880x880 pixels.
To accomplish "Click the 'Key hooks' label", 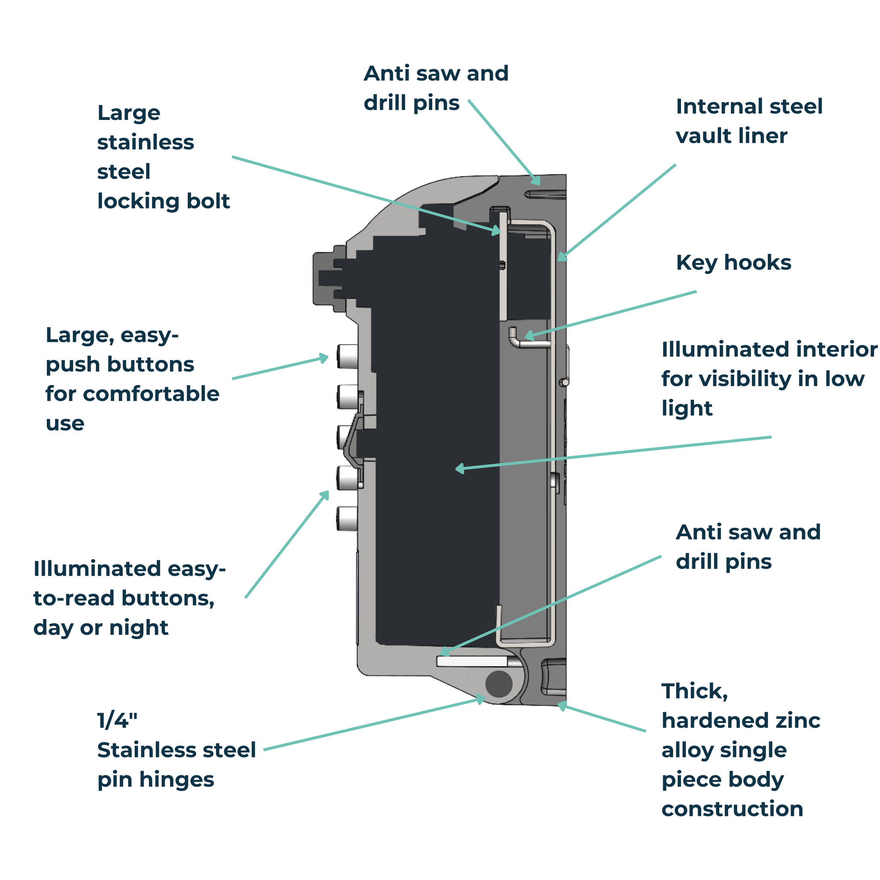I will [733, 263].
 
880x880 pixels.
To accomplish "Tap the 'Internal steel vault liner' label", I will [749, 121].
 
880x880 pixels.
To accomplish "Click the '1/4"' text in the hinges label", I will [117, 721].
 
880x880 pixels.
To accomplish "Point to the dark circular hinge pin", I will [499, 684].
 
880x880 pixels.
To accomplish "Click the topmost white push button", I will [348, 356].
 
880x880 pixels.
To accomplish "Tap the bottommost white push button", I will [348, 518].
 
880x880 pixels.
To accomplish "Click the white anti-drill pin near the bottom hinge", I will [472, 661].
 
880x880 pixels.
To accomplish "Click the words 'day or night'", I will [101, 628].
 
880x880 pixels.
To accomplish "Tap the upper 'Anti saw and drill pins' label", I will [435, 88].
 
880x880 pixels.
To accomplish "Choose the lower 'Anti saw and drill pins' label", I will [748, 547].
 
